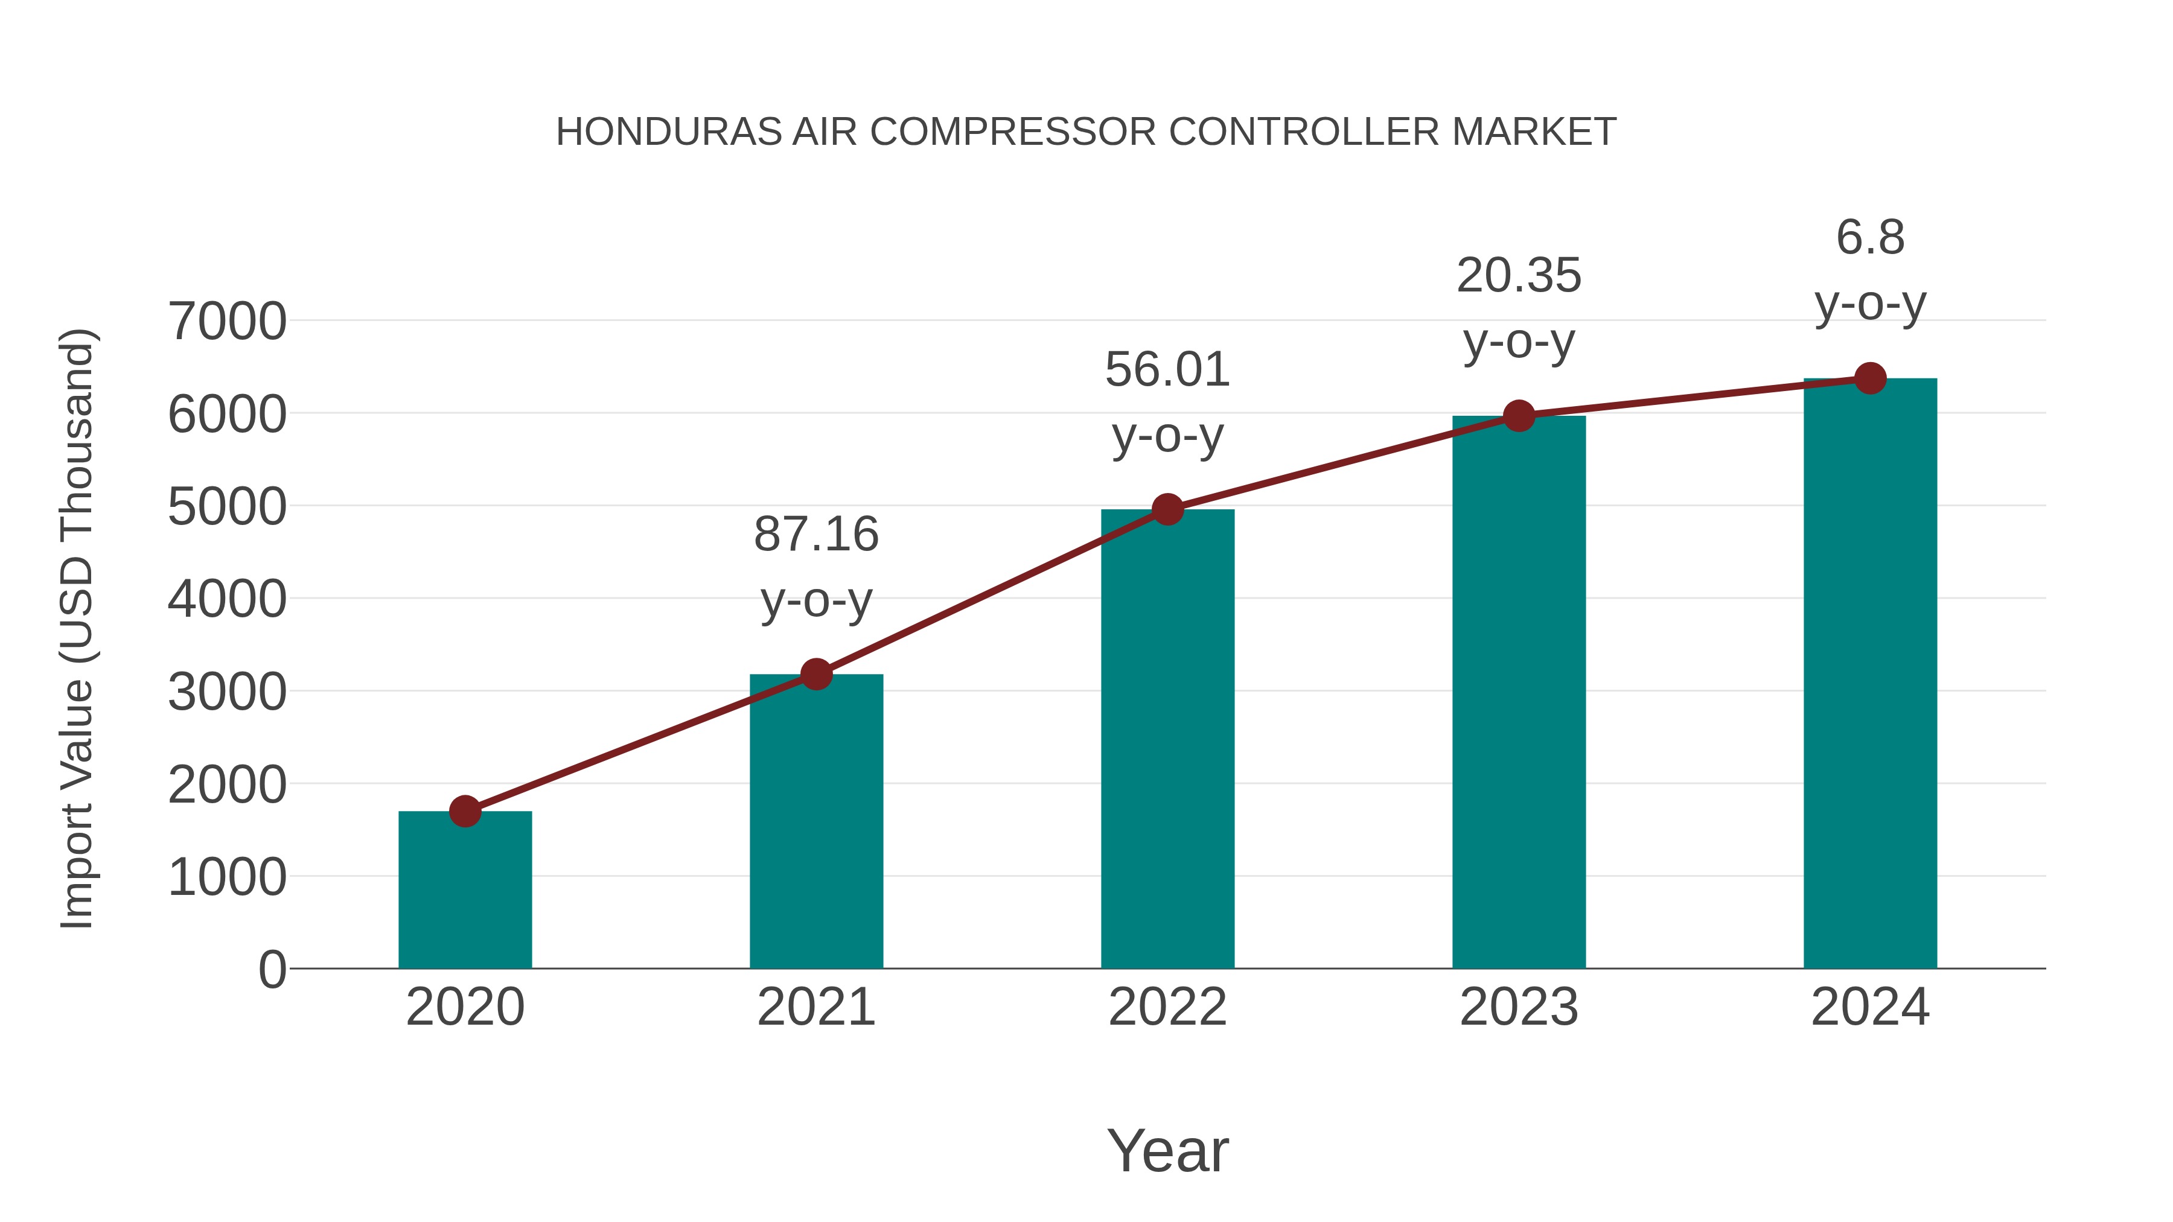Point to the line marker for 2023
coord(1519,416)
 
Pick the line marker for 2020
coord(465,811)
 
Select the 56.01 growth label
coord(1167,371)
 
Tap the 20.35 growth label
coord(1519,276)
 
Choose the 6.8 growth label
coord(1870,238)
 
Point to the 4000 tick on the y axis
coord(227,600)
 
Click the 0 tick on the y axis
coord(272,970)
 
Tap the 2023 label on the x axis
coord(1519,1007)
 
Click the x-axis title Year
coord(1167,1150)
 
